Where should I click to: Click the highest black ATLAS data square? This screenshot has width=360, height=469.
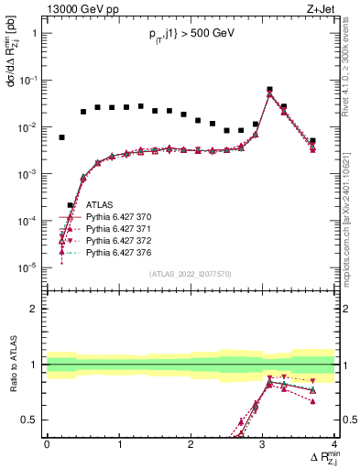click(269, 90)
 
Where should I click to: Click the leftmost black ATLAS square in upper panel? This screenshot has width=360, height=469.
click(62, 137)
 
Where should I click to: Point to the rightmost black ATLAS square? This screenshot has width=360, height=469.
click(312, 141)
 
